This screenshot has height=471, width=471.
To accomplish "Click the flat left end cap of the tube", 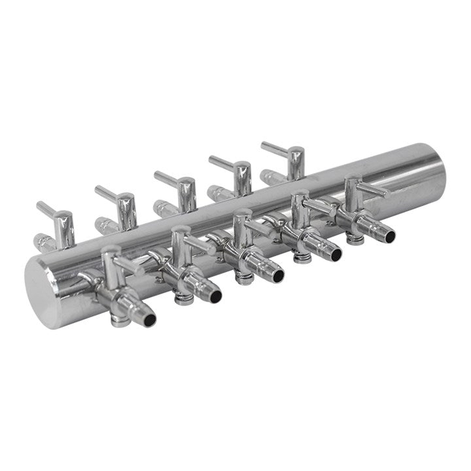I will [44, 293].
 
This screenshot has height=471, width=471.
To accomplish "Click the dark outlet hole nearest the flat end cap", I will [150, 320].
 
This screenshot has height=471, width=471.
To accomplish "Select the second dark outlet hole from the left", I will [215, 296].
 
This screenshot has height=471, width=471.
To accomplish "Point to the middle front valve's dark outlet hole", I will [278, 275].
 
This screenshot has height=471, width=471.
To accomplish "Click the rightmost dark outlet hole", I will [389, 235].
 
